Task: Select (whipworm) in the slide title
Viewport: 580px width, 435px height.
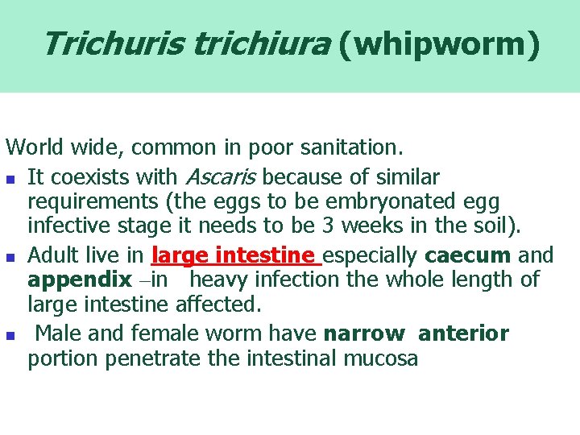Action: pyautogui.click(x=439, y=45)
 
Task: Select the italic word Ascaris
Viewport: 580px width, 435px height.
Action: pyautogui.click(x=222, y=176)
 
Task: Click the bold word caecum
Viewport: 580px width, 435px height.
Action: pyautogui.click(x=468, y=255)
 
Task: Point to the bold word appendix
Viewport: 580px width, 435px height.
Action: pyautogui.click(x=80, y=280)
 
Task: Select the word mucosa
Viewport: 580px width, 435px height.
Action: pyautogui.click(x=381, y=358)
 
